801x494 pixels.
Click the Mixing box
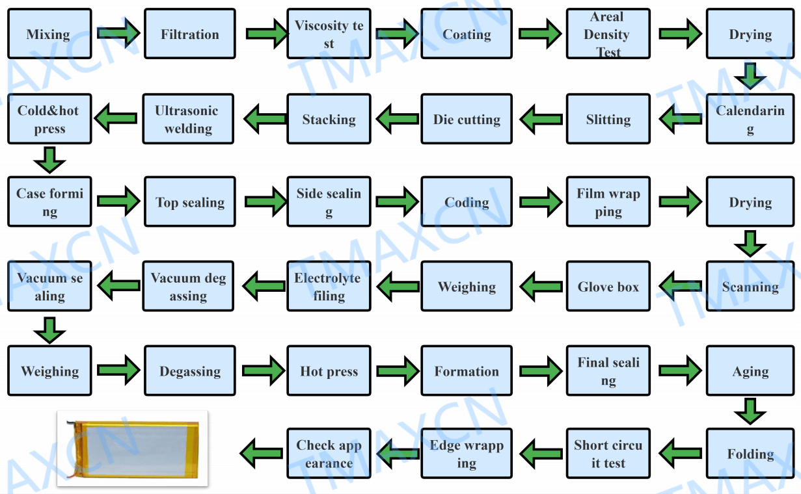(49, 34)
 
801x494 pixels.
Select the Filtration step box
(189, 34)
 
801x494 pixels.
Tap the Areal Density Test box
(608, 34)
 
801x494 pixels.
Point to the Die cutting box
(467, 119)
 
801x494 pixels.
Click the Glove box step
(608, 287)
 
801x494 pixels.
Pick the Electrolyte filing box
(329, 287)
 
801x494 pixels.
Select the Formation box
(467, 371)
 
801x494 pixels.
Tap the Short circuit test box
(608, 454)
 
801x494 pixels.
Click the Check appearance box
(329, 454)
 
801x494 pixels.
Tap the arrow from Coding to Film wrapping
(540, 201)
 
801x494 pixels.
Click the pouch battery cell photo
(133, 448)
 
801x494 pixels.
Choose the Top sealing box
(189, 202)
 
